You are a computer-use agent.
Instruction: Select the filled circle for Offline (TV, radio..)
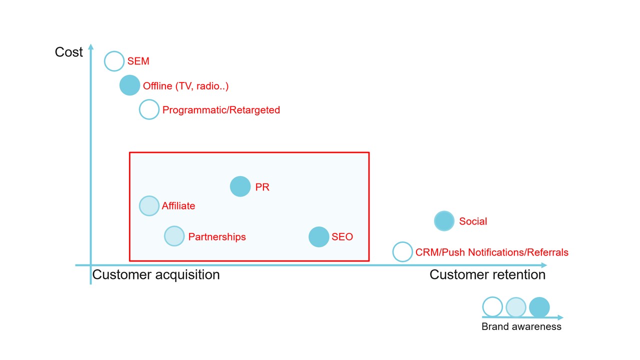129,85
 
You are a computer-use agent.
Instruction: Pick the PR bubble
240,186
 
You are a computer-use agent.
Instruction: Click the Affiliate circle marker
149,205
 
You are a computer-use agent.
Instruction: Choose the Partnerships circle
174,236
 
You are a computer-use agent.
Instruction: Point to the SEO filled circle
319,237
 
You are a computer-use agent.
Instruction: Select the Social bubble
444,221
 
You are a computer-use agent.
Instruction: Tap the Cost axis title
68,52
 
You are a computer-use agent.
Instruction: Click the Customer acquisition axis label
156,275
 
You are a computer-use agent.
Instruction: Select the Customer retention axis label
487,275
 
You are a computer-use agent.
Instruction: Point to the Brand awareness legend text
521,326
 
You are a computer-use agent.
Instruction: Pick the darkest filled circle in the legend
539,307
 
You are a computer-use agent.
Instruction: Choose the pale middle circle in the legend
516,307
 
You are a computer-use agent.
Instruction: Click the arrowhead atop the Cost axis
91,46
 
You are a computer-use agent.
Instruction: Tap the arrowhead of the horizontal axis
544,265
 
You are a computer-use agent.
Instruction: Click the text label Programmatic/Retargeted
221,110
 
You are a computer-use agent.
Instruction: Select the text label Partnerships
217,237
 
